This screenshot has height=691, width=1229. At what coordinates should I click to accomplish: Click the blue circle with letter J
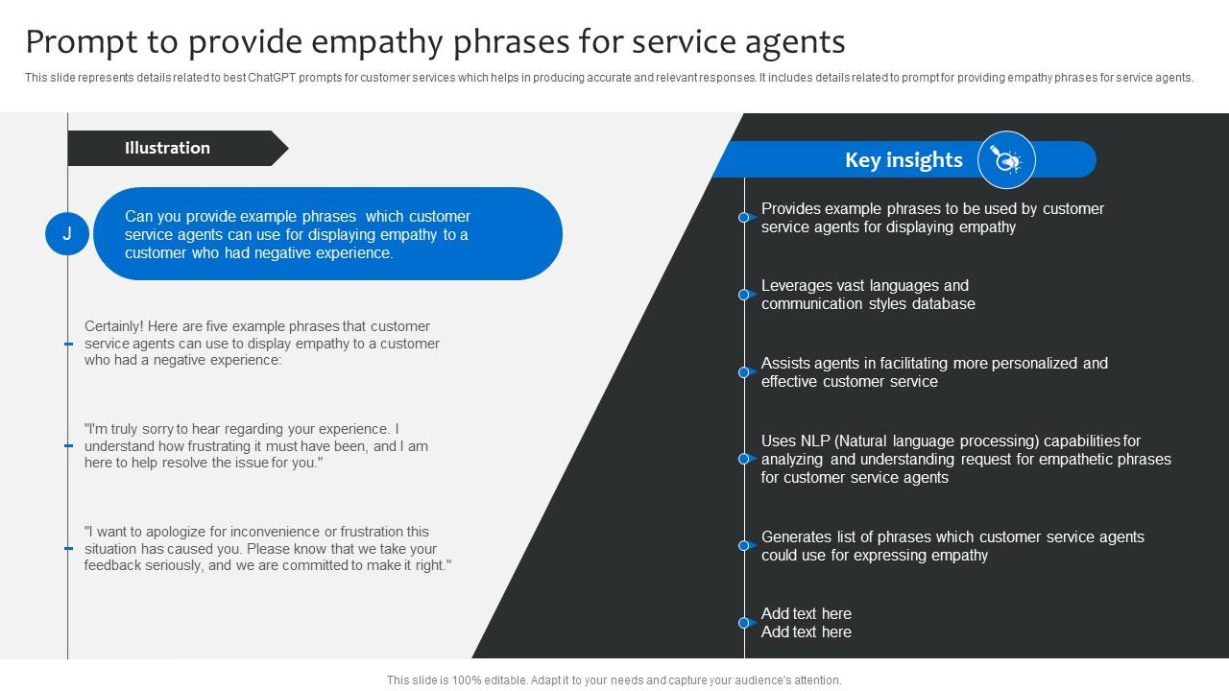pyautogui.click(x=67, y=234)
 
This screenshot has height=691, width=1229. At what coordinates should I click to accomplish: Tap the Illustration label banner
pyautogui.click(x=168, y=148)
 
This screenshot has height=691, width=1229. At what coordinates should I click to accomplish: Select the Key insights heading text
pyautogui.click(x=904, y=160)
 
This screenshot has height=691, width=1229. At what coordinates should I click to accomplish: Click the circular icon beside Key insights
pyautogui.click(x=1006, y=160)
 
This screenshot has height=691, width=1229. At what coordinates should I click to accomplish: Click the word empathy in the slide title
pyautogui.click(x=370, y=42)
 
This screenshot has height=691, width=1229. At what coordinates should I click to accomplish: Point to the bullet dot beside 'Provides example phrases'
pyautogui.click(x=743, y=218)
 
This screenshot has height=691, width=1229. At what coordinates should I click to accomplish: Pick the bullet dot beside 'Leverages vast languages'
pyautogui.click(x=743, y=295)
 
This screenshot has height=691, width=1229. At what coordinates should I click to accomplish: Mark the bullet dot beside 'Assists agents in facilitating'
pyautogui.click(x=743, y=372)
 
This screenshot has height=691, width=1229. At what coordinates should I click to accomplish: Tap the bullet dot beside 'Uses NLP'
pyautogui.click(x=743, y=459)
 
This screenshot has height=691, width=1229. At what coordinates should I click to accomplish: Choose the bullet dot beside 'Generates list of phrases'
pyautogui.click(x=743, y=546)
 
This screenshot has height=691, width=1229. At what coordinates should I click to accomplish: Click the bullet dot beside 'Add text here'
pyautogui.click(x=743, y=623)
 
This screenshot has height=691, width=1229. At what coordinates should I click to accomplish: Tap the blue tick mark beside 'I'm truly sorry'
pyautogui.click(x=68, y=446)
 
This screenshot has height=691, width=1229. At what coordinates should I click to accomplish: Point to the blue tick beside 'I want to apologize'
pyautogui.click(x=68, y=549)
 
